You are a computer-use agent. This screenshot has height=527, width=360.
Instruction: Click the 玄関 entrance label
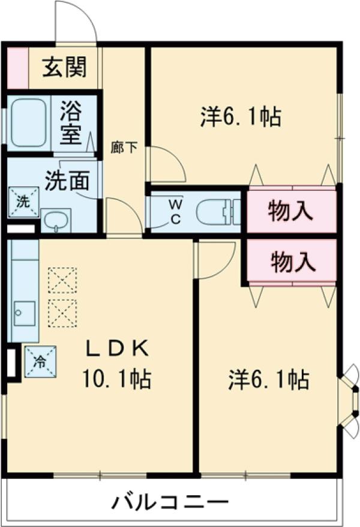(64, 67)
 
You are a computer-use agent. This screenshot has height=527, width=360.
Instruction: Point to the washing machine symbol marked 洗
(23, 201)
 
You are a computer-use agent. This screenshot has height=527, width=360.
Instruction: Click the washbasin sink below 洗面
(56, 220)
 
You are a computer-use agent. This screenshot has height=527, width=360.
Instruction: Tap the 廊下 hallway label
(124, 147)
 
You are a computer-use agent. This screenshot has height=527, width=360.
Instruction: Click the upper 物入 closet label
(292, 211)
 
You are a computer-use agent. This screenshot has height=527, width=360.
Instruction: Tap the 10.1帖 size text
(116, 378)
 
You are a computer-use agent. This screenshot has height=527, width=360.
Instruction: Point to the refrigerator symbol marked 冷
(40, 361)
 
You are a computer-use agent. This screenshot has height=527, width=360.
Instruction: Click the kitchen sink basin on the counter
(25, 312)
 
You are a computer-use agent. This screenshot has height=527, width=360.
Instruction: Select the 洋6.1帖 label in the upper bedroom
(241, 116)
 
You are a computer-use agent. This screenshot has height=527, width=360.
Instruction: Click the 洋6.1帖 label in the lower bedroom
(268, 379)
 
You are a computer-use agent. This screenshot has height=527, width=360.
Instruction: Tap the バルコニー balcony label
(170, 501)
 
